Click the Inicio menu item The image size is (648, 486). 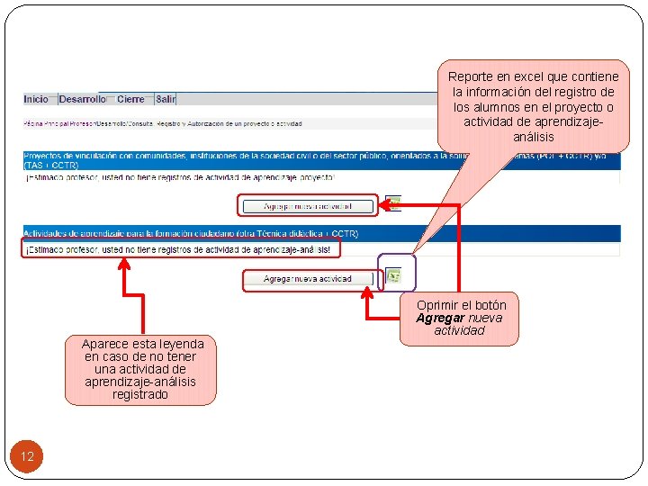pyautogui.click(x=36, y=99)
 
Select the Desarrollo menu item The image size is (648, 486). pyautogui.click(x=83, y=99)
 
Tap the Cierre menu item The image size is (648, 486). pyautogui.click(x=130, y=99)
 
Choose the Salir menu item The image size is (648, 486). pyautogui.click(x=166, y=99)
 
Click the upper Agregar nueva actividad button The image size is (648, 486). pyautogui.click(x=308, y=206)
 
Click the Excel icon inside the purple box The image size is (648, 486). pyautogui.click(x=394, y=274)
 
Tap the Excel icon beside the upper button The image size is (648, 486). pyautogui.click(x=393, y=203)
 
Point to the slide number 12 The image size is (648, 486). pyautogui.click(x=27, y=457)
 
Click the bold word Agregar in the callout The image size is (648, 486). pyautogui.click(x=440, y=318)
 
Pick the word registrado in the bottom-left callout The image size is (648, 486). pyautogui.click(x=139, y=394)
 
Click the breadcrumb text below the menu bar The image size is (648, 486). pyautogui.click(x=162, y=123)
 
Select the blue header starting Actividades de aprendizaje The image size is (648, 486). pyautogui.click(x=191, y=234)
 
